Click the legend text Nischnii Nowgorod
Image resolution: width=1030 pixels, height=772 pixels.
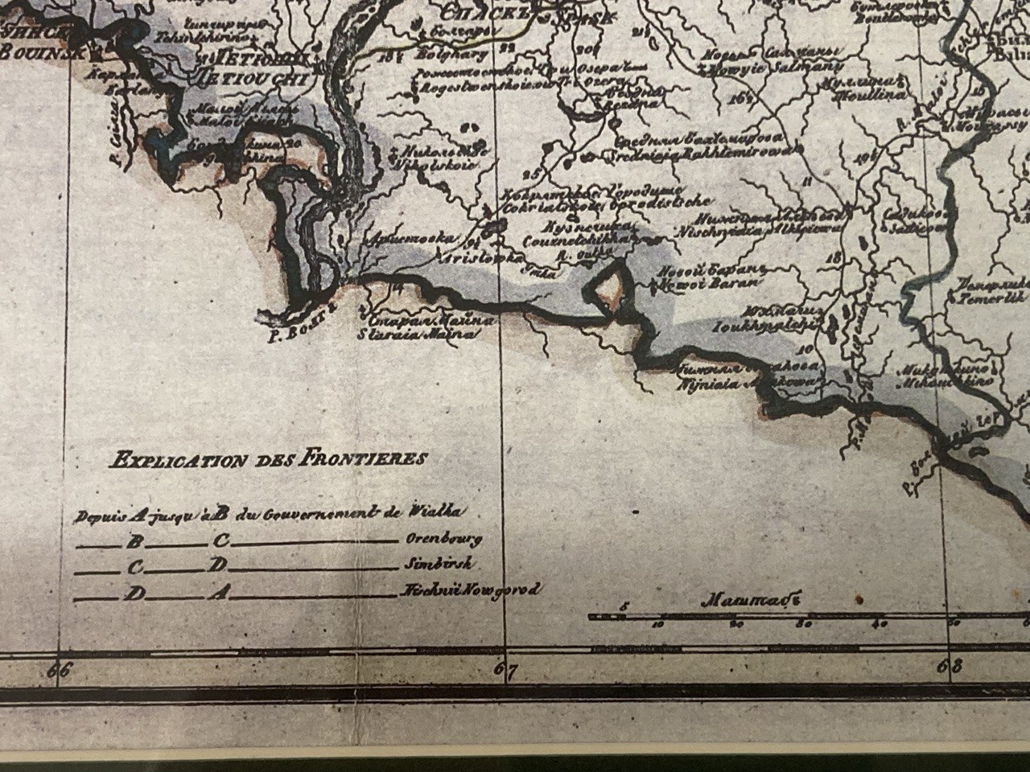pos(469,591)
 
